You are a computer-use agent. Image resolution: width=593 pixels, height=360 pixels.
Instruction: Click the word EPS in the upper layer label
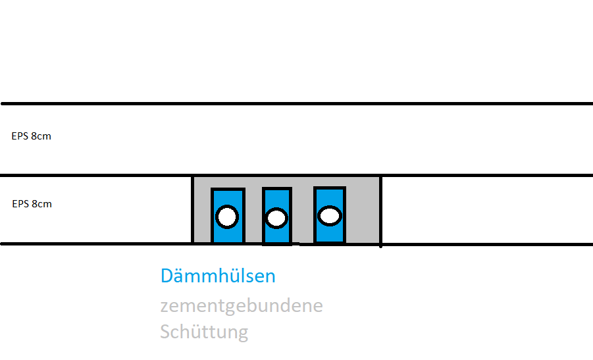(x=20, y=137)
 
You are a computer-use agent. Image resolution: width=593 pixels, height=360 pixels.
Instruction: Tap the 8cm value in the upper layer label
(x=41, y=137)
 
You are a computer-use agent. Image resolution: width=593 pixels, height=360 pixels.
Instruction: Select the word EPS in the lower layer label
(x=20, y=204)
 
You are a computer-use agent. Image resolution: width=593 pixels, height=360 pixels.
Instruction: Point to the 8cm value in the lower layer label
(x=41, y=204)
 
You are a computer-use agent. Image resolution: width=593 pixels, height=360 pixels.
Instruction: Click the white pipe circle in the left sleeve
(x=227, y=216)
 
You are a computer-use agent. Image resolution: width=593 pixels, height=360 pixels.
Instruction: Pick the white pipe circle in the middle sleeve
(x=276, y=218)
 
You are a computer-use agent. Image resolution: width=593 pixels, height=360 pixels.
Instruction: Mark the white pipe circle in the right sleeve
(x=329, y=215)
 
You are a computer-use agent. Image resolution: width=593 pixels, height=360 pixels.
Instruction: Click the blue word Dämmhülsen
(x=218, y=276)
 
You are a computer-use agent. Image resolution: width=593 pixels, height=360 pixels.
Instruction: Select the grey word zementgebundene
(x=242, y=306)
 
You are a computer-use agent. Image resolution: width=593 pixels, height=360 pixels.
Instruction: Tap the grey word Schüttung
(x=204, y=331)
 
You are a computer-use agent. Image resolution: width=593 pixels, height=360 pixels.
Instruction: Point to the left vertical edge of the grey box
(x=192, y=209)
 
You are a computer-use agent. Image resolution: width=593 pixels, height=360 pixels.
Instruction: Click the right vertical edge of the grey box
(x=381, y=209)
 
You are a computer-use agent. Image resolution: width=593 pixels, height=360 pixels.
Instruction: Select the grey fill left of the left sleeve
(x=202, y=211)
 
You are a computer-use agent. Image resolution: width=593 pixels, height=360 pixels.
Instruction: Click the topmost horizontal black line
(x=296, y=104)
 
